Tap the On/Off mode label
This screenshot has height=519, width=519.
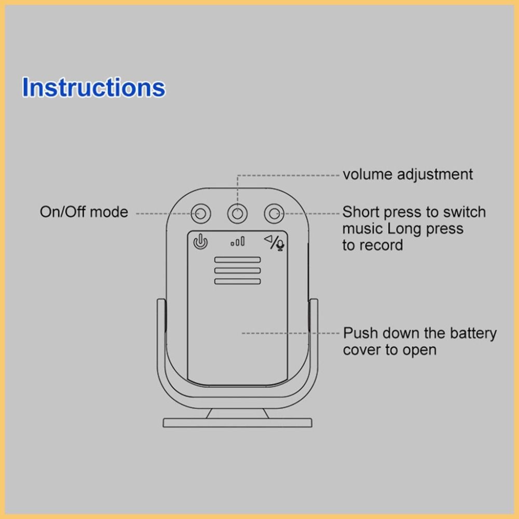(84, 212)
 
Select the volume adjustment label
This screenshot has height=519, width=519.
(407, 174)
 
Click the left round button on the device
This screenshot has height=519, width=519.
(201, 213)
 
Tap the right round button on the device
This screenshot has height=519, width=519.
(274, 213)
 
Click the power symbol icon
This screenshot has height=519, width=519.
(201, 242)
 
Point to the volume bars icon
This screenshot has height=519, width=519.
(238, 241)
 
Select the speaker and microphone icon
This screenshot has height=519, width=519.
(275, 242)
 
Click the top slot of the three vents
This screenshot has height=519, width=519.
(238, 259)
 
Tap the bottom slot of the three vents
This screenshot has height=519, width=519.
(238, 281)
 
